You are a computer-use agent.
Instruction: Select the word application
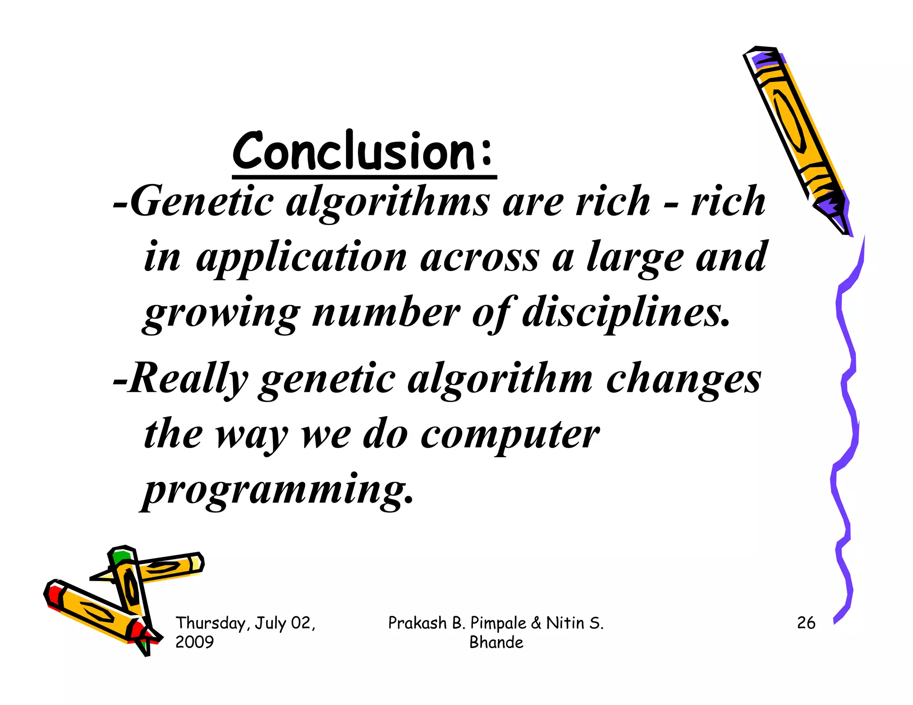(301, 258)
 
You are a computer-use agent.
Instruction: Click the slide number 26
(806, 623)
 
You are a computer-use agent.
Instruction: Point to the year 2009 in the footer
(194, 642)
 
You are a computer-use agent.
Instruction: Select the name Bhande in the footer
(496, 642)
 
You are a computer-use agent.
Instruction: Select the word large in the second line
(634, 258)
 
